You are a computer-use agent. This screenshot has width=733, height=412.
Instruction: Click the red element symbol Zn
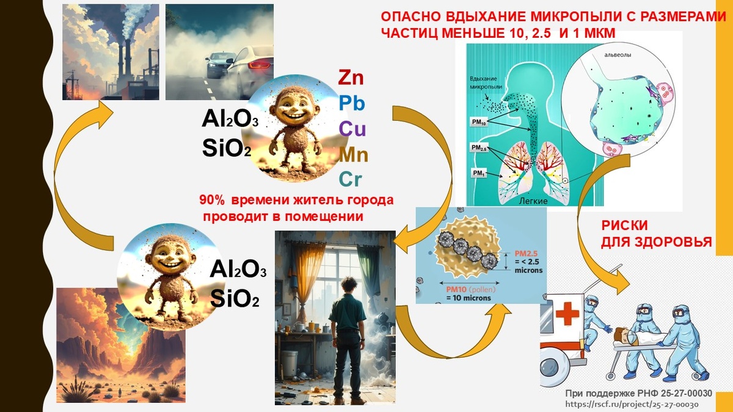click(x=351, y=78)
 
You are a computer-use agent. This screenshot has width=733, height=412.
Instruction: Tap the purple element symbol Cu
click(x=352, y=129)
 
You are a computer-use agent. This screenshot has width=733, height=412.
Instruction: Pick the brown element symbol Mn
click(x=354, y=154)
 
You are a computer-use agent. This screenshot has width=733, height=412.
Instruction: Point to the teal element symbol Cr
click(x=350, y=179)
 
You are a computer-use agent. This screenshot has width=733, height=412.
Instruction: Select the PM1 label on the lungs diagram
click(x=478, y=174)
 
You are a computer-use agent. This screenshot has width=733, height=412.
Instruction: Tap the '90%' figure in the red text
click(x=210, y=200)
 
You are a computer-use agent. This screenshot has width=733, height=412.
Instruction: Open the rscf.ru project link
click(x=632, y=404)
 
